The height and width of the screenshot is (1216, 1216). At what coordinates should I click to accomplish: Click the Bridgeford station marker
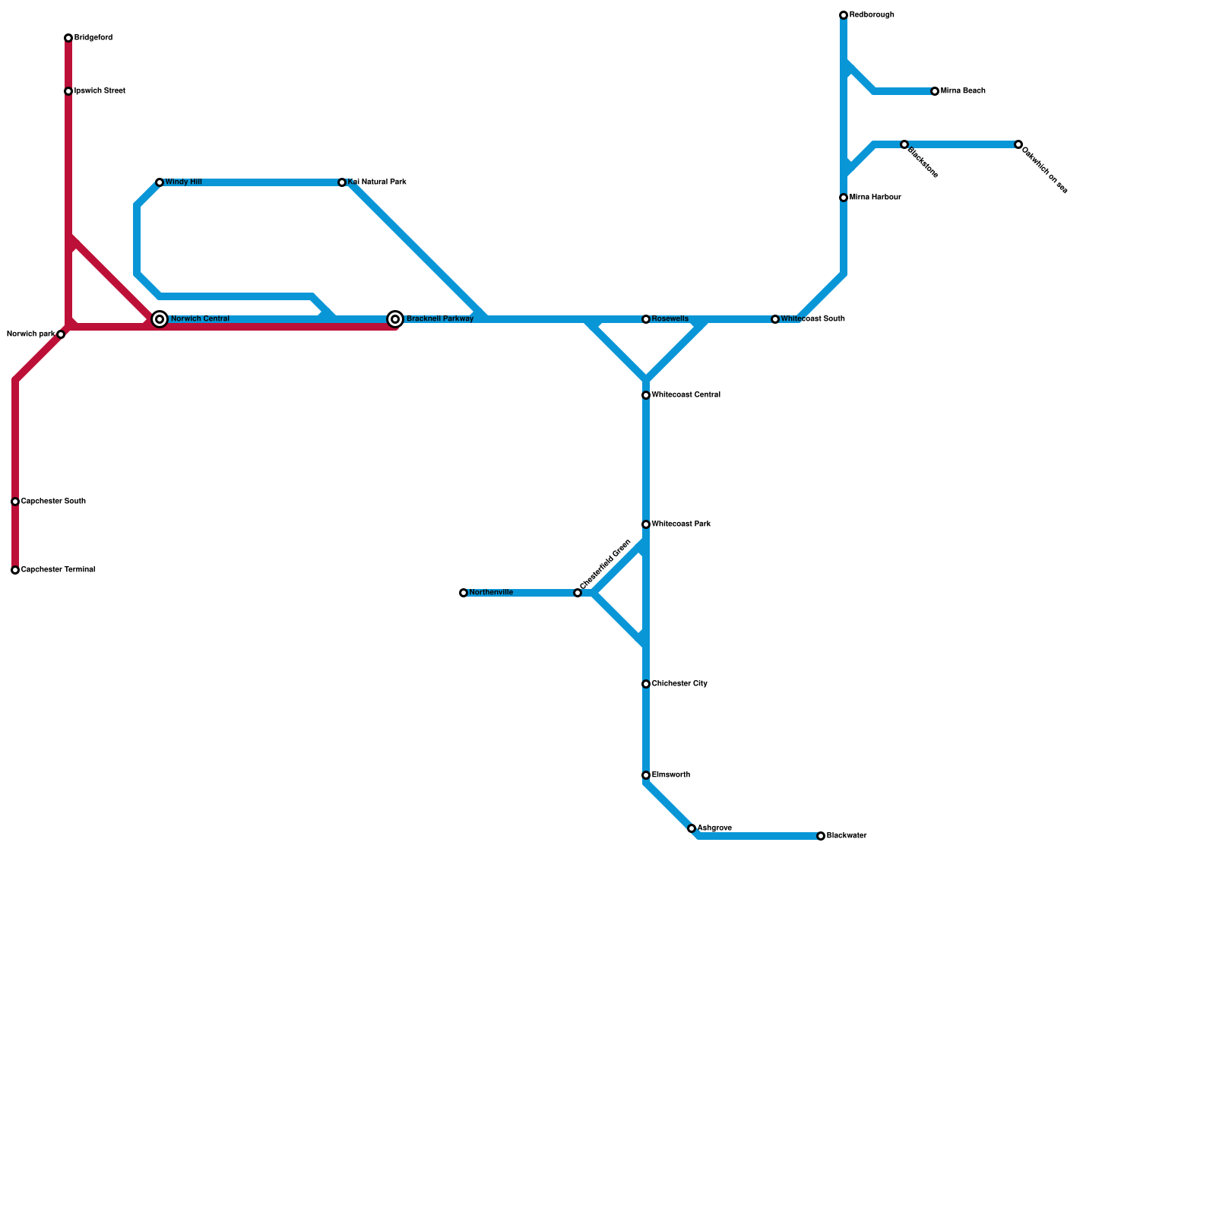[x=68, y=38]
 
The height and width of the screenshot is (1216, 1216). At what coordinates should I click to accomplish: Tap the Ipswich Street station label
[x=100, y=91]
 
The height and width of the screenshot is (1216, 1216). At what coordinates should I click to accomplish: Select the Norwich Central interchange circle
[x=160, y=319]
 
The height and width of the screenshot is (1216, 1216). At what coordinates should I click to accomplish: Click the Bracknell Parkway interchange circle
[x=395, y=319]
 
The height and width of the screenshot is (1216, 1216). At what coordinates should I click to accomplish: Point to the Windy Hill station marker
[x=160, y=182]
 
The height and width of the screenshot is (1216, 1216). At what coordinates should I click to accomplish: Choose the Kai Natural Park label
[x=377, y=182]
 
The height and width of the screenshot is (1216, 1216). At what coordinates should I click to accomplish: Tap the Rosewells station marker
[x=646, y=319]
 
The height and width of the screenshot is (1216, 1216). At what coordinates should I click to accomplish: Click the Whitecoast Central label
[x=686, y=395]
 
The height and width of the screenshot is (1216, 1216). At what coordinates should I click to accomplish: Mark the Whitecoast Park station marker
[x=646, y=524]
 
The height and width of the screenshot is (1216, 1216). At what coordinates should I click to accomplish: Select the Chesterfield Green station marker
[x=578, y=593]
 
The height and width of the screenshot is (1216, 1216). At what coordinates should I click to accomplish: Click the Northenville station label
[x=491, y=593]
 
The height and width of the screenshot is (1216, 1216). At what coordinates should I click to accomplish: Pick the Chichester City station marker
[x=646, y=684]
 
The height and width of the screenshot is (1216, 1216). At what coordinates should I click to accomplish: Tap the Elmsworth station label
[x=671, y=775]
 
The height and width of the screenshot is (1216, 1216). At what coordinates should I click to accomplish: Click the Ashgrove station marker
[x=692, y=828]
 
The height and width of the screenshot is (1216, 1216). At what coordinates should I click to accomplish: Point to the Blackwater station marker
[x=821, y=836]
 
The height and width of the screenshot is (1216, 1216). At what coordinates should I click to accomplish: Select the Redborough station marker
[x=844, y=15]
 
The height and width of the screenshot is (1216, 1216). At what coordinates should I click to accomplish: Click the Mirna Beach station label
[x=963, y=91]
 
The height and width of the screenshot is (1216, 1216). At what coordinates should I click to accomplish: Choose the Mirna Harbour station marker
[x=844, y=198]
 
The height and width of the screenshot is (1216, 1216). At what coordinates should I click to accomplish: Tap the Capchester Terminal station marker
[x=15, y=570]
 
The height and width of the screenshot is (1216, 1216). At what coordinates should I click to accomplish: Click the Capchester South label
[x=53, y=502]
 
